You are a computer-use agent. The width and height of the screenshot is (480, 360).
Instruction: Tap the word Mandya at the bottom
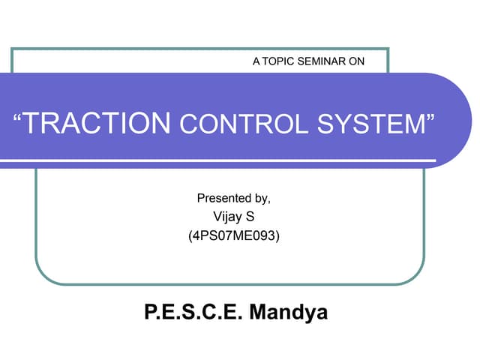(288, 312)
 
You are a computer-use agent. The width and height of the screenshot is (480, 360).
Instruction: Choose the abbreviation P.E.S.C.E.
(190, 312)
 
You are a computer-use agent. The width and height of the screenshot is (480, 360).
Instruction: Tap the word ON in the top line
(357, 61)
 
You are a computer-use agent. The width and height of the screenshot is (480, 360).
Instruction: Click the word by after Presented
(262, 199)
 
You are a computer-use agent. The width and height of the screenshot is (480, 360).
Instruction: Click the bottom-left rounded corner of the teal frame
(43, 277)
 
